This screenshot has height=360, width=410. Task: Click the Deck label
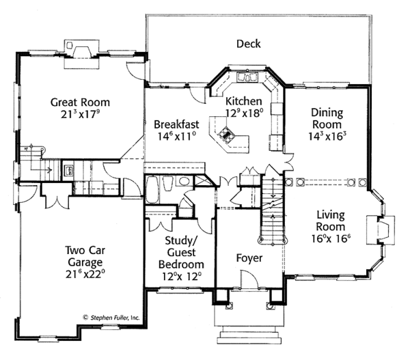click(x=249, y=44)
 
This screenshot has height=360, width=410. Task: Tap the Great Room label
click(x=80, y=102)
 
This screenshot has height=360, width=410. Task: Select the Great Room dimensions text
click(x=81, y=114)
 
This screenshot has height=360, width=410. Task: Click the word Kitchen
click(x=244, y=101)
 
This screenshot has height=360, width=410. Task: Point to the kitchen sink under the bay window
click(x=247, y=77)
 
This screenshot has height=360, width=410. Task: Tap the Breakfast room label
click(x=176, y=124)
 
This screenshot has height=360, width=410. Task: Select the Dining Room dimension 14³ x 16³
click(x=327, y=136)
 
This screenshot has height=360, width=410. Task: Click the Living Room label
click(x=331, y=221)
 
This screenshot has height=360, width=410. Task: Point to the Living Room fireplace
click(x=381, y=230)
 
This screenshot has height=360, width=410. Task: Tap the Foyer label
click(x=249, y=258)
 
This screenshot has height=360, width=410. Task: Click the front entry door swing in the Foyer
click(x=249, y=280)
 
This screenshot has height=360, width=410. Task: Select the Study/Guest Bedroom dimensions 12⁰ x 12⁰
click(x=182, y=277)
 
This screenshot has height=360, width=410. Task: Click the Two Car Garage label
click(x=85, y=256)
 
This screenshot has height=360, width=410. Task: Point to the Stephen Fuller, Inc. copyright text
click(x=111, y=318)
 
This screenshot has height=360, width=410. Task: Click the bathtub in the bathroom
click(x=152, y=190)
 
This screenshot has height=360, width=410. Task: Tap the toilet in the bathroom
click(x=168, y=183)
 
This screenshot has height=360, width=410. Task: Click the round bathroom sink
click(x=184, y=180)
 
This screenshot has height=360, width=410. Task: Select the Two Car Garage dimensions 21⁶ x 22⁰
click(x=85, y=274)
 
